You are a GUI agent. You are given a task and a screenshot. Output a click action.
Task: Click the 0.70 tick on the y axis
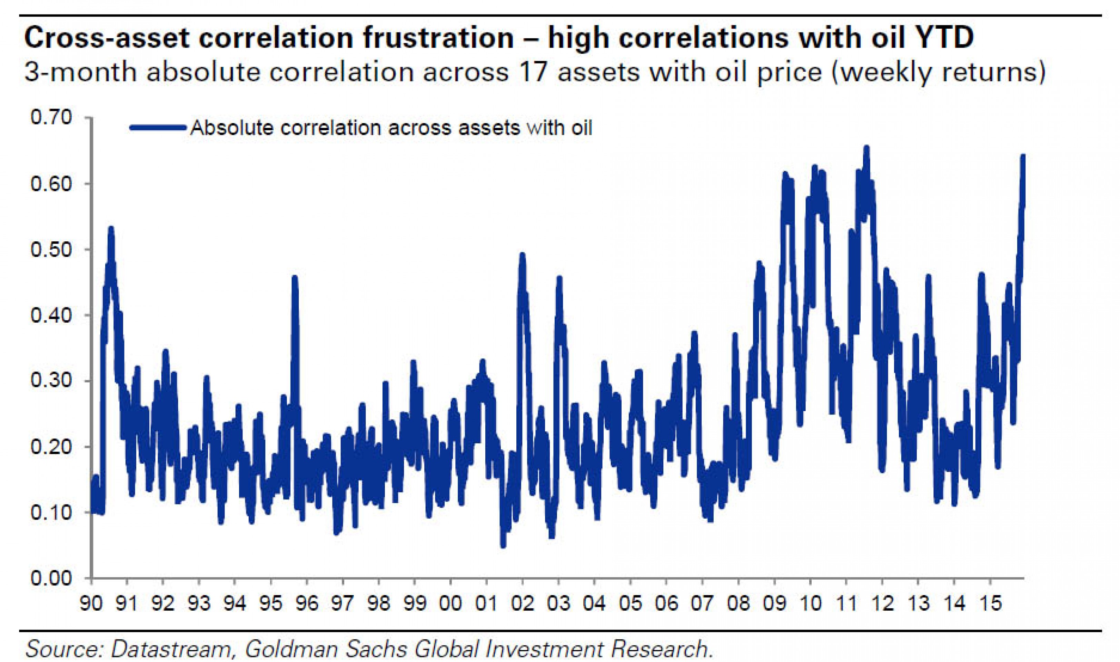(x=51, y=118)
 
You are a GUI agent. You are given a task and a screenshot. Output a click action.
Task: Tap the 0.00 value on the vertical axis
(x=51, y=579)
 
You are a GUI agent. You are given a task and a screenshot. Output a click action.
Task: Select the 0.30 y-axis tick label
(x=51, y=381)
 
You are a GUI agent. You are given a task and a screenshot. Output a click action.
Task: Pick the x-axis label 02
(x=522, y=604)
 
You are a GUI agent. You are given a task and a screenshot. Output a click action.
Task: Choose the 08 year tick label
(x=738, y=604)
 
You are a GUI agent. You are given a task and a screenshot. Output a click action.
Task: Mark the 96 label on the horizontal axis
(x=307, y=604)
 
